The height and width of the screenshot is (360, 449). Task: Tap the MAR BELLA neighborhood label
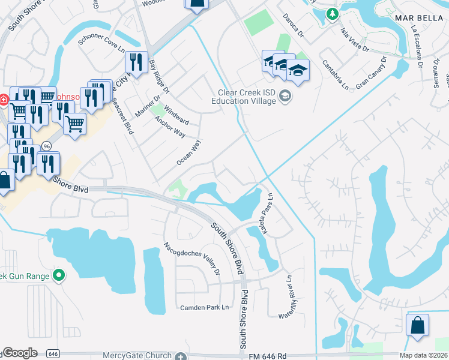pos(418,18)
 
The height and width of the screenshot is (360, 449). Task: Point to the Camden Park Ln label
pos(205,307)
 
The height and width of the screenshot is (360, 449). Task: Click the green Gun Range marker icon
pos(59,276)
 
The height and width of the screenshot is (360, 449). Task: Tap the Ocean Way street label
pos(188,152)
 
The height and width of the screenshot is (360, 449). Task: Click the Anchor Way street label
pos(170,127)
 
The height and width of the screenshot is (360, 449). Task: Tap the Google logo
pos(20,353)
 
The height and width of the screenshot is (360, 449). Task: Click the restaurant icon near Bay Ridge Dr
pos(136,62)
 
